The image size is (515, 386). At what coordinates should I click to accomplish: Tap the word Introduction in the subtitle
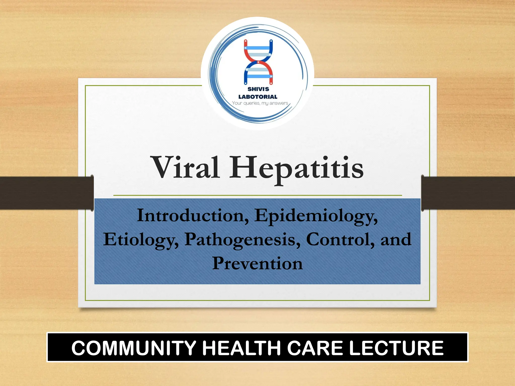point(193,216)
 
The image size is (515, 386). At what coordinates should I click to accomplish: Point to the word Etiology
point(141,240)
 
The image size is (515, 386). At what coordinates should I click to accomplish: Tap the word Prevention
point(257,263)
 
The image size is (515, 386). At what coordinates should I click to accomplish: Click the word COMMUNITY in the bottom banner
point(134,348)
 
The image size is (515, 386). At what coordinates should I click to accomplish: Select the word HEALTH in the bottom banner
point(241,348)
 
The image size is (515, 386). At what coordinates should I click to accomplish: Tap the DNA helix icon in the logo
point(258,62)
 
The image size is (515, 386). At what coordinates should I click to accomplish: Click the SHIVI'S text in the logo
point(258,89)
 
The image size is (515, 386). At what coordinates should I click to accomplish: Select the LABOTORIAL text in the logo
point(258,97)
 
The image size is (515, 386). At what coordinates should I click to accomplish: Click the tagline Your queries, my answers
point(260,103)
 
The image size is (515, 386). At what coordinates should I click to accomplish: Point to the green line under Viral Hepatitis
point(257,195)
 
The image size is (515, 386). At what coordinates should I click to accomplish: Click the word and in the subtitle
point(396,239)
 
